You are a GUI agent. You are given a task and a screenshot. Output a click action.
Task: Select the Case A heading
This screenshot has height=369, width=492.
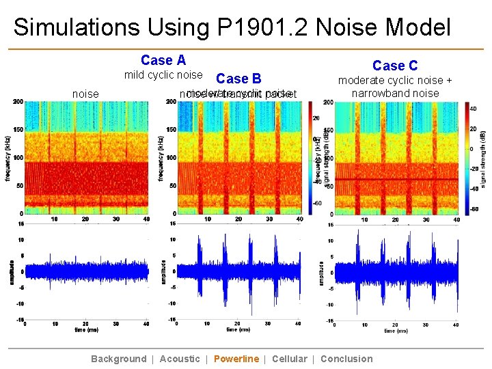tap(163, 61)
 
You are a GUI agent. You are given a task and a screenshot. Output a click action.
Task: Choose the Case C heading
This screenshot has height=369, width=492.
tap(394, 66)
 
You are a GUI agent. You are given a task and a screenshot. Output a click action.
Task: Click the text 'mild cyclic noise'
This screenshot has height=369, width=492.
tap(163, 75)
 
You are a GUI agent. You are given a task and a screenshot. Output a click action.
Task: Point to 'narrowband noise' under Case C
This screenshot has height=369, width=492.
tap(395, 93)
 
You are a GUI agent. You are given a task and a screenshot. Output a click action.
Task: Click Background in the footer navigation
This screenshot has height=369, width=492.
tap(118, 359)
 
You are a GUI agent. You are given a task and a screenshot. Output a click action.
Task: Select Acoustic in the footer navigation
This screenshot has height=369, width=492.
tap(180, 359)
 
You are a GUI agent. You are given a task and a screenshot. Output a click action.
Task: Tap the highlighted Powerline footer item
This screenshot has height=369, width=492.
tap(236, 359)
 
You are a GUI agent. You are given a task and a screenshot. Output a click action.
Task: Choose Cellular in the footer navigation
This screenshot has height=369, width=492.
tap(289, 359)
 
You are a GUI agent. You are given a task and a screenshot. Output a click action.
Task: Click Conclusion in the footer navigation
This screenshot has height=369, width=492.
tap(346, 359)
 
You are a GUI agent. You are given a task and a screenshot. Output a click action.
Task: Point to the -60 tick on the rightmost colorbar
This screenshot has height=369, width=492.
tap(474, 210)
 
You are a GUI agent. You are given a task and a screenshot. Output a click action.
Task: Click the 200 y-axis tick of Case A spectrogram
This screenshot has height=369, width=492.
tap(17, 102)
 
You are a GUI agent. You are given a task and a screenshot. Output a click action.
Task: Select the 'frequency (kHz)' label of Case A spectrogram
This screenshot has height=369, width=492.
tap(7, 157)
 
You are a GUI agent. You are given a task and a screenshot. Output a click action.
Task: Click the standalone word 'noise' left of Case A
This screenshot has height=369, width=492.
tap(85, 94)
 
